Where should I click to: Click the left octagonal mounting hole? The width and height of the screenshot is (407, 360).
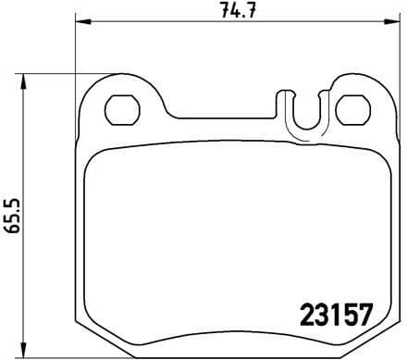(120, 111)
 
